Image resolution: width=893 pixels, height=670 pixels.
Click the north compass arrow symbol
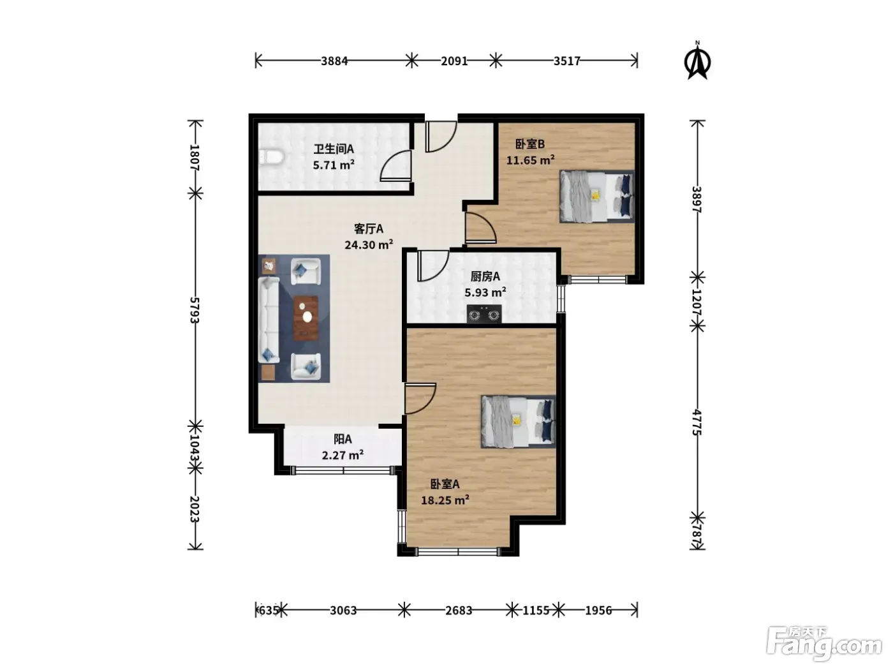tap(697, 61)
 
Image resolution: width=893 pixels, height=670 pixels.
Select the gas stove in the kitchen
tap(483, 314)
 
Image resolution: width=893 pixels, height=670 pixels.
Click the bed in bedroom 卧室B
tap(597, 197)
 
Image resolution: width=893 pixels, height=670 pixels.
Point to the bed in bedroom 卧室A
tap(519, 421)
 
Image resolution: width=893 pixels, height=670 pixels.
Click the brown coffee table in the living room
tap(306, 318)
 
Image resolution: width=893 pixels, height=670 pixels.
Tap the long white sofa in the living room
tap(269, 319)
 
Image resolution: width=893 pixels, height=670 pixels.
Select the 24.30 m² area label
tap(369, 245)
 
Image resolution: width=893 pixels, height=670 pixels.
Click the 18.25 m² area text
tap(445, 500)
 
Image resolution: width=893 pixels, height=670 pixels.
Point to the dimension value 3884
tap(334, 61)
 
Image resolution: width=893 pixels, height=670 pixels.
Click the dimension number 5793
tap(195, 310)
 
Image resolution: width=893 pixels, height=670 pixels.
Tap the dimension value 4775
tap(697, 422)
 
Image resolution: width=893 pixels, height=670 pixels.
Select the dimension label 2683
tap(459, 610)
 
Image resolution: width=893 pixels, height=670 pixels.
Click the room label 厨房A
tap(485, 277)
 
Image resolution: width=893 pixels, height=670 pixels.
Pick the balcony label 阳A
tap(343, 440)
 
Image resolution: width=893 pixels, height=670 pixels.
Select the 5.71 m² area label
tap(334, 165)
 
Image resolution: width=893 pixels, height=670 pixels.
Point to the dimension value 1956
tap(598, 610)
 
